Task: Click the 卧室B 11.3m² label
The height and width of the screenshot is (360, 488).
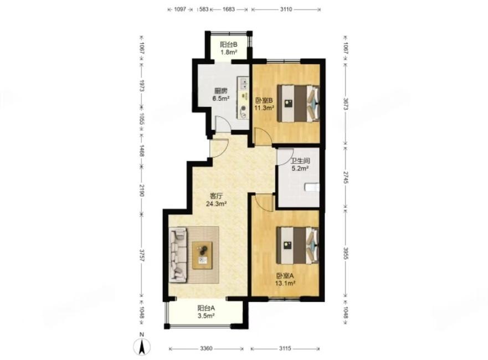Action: pyautogui.click(x=264, y=104)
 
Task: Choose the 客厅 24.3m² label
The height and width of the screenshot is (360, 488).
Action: pyautogui.click(x=216, y=200)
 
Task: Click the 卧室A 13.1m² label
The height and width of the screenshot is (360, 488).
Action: pyautogui.click(x=285, y=279)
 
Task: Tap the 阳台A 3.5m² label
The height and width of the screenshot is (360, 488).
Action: pyautogui.click(x=206, y=312)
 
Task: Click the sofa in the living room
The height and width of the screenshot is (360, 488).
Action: pyautogui.click(x=178, y=255)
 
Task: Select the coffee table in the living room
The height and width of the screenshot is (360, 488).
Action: pyautogui.click(x=202, y=255)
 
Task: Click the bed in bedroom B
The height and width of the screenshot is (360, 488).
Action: pyautogui.click(x=299, y=104)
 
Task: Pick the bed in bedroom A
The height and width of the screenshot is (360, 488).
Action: pyautogui.click(x=298, y=245)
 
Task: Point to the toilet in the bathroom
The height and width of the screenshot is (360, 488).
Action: pyautogui.click(x=312, y=187)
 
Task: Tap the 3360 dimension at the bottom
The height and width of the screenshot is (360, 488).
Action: pyautogui.click(x=206, y=348)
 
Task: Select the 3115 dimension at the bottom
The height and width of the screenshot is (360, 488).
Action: pyautogui.click(x=285, y=348)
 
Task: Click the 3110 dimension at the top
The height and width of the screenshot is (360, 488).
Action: pyautogui.click(x=286, y=9)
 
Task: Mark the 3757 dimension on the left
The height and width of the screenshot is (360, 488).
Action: pyautogui.click(x=141, y=255)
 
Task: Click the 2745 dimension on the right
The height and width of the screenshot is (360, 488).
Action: pyautogui.click(x=346, y=177)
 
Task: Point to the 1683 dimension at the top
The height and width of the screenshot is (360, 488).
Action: pyautogui.click(x=229, y=9)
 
